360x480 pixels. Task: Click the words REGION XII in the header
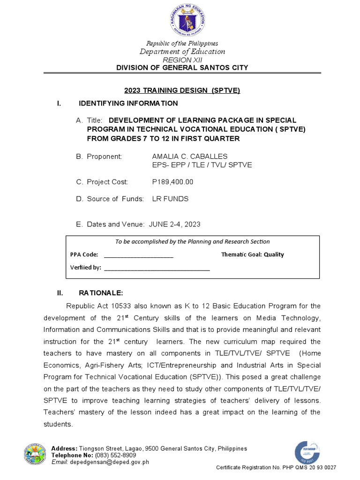(182, 60)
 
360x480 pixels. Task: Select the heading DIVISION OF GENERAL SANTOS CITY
(182, 68)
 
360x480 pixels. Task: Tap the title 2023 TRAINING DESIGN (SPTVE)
(182, 91)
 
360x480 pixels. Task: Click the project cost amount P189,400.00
(172, 182)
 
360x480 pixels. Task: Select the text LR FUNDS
(170, 199)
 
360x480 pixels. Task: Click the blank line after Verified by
(157, 268)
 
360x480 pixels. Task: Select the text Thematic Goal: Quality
(252, 255)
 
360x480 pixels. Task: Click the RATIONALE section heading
(101, 293)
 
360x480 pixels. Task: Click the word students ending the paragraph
(58, 424)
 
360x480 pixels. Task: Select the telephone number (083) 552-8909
(115, 455)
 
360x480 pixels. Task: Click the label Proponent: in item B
(104, 156)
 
